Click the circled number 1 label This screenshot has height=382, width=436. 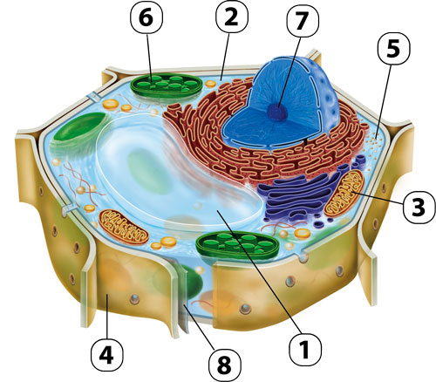[305, 349]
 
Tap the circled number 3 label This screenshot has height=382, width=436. [419, 208]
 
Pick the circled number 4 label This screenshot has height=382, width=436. [107, 355]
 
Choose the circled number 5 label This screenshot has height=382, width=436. [393, 49]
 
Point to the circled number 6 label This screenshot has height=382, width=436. [146, 18]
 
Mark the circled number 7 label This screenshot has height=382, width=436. [303, 20]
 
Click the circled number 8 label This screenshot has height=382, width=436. [224, 365]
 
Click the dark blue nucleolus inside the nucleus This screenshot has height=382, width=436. [278, 112]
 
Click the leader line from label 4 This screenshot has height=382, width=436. [107, 317]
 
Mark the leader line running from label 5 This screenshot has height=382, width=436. [383, 100]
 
